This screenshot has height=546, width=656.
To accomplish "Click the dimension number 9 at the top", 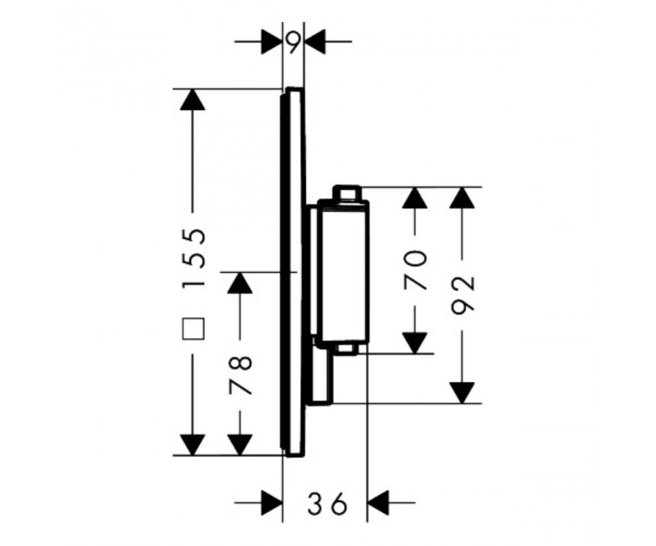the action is [x=294, y=43].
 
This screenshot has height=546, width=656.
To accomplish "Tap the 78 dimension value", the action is [x=241, y=375].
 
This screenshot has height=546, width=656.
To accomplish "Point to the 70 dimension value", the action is [x=415, y=270].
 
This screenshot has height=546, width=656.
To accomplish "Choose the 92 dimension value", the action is [x=463, y=293].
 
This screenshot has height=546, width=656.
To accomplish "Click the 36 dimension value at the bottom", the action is [x=328, y=503].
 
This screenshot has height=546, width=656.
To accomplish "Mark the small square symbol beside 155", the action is [x=193, y=328].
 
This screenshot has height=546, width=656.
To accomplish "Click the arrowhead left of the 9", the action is [x=272, y=42].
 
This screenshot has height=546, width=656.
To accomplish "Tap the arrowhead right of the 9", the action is [x=315, y=42].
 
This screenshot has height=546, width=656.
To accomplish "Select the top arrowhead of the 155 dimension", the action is [x=193, y=99].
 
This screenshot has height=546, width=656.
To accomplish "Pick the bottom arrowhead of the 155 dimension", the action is [x=193, y=445].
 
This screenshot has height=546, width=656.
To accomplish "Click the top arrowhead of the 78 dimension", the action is [x=241, y=282].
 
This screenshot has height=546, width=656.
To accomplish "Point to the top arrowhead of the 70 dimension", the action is [x=415, y=197].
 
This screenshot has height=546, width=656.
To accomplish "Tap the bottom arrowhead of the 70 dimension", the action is [x=415, y=344].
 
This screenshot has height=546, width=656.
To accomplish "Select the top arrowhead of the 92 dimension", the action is [x=463, y=197].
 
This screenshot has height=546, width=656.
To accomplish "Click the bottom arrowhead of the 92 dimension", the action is [x=463, y=393].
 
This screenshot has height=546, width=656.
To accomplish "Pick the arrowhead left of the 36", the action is [x=272, y=502].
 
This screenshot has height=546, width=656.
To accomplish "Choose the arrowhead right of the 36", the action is [x=378, y=502].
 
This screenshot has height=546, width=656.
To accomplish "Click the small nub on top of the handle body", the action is [x=346, y=192].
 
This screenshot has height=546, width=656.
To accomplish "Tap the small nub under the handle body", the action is [x=346, y=349].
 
